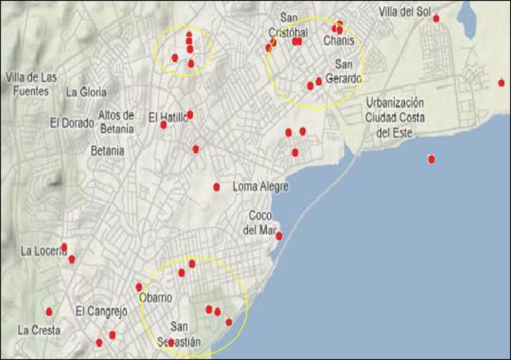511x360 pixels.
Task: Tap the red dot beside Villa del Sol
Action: coord(436,18)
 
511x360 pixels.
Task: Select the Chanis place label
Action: coord(339,41)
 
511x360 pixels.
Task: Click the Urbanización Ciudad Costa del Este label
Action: coord(395,118)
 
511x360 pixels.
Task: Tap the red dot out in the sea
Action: coord(431,159)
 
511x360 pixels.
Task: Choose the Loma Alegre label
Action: coord(260,187)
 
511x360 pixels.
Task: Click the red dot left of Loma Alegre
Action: coord(216,187)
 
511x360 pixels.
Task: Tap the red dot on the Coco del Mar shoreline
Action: coord(279,236)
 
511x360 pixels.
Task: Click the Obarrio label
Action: coord(156,298)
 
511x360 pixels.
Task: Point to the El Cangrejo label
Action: coord(101,312)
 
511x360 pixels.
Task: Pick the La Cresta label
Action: coord(39,330)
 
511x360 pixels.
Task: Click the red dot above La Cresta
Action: coord(49,312)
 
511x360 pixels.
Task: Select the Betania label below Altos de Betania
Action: coord(108,150)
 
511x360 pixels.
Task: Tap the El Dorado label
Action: coord(72,123)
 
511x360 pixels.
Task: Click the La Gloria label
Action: coord(86,92)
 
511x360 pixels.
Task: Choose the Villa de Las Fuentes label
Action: coord(31,84)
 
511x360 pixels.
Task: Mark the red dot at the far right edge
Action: coord(501,83)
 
